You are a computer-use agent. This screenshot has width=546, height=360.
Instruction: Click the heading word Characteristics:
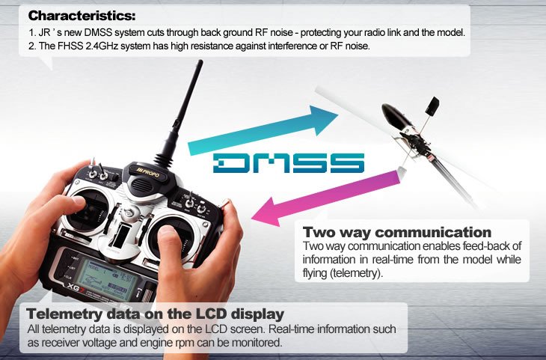coord(82,16)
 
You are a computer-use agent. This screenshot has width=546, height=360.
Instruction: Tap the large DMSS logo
coord(289,162)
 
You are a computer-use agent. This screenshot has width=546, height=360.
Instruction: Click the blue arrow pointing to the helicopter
coord(263,131)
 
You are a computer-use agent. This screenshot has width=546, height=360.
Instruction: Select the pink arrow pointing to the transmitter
coord(326,198)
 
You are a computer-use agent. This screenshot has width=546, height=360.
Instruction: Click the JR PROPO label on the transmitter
coord(149,172)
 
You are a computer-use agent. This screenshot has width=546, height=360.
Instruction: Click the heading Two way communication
coord(397,232)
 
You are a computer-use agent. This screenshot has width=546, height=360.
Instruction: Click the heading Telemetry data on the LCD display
coord(156,314)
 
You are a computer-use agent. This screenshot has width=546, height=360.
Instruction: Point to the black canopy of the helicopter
coord(397,117)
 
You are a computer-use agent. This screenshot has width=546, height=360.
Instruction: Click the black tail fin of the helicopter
coord(432,106)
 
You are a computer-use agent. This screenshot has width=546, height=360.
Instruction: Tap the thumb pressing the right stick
coord(171,244)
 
